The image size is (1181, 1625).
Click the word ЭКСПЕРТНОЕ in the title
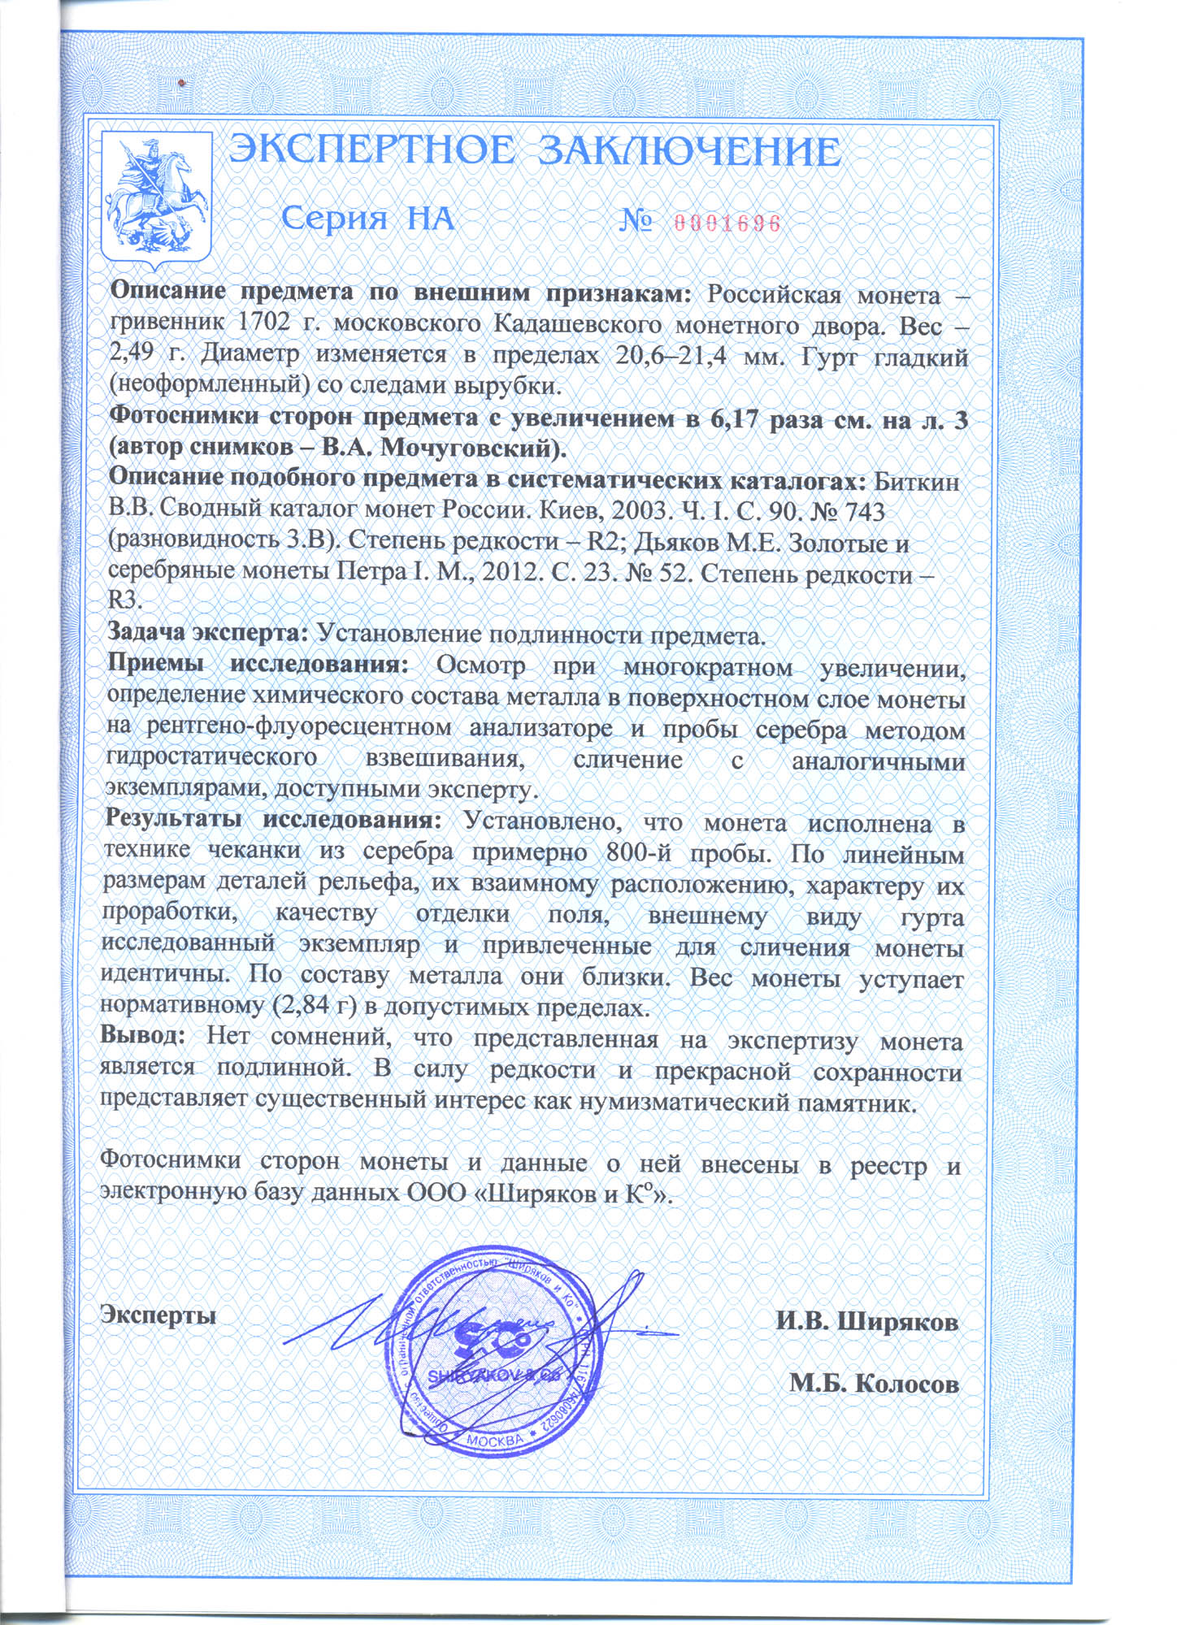[371, 151]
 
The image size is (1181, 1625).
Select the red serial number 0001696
[726, 223]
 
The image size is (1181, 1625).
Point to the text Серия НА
[367, 219]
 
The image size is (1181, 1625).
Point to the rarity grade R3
[125, 600]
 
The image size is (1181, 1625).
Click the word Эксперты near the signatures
[158, 1313]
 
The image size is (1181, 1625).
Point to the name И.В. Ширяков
[866, 1321]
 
